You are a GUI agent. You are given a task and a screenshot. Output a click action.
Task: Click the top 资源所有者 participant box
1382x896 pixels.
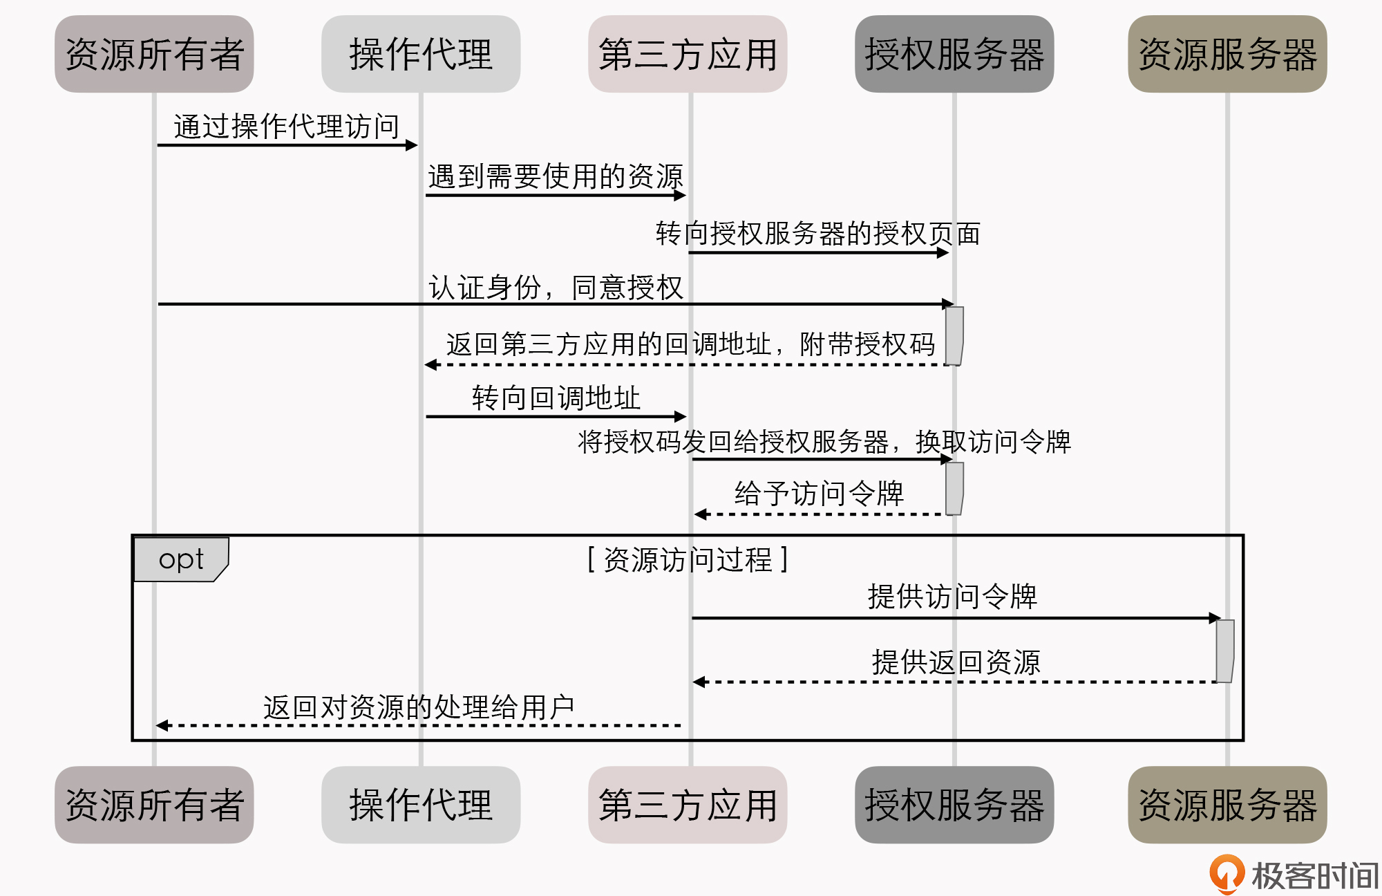pyautogui.click(x=154, y=54)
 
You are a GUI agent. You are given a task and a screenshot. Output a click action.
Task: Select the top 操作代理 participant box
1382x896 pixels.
pyautogui.click(x=421, y=54)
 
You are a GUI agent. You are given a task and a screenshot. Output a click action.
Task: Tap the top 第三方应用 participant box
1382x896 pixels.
pyautogui.click(x=688, y=54)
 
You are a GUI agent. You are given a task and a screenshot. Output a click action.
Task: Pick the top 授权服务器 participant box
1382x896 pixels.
pyautogui.click(x=954, y=54)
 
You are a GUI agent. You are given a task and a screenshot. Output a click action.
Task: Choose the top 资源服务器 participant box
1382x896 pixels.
pyautogui.click(x=1227, y=54)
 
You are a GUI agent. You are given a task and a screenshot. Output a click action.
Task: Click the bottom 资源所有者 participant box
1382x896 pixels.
pyautogui.click(x=154, y=804)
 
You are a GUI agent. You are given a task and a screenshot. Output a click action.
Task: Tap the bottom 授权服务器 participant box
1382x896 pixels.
pyautogui.click(x=954, y=804)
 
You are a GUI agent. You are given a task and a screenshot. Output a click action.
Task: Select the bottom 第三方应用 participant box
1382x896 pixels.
pyautogui.click(x=688, y=804)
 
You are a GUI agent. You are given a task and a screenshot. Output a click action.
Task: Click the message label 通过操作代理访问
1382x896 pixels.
pyautogui.click(x=287, y=127)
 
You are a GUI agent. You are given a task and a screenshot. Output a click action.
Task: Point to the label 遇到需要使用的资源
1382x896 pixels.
pyautogui.click(x=556, y=176)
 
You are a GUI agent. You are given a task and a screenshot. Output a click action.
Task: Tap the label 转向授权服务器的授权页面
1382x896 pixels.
pyautogui.click(x=817, y=234)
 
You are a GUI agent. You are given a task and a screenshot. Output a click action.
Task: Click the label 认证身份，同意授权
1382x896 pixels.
pyautogui.click(x=556, y=288)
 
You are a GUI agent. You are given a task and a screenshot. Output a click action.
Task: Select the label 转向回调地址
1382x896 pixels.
pyautogui.click(x=556, y=398)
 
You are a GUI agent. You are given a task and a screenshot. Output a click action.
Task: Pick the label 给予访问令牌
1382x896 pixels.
pyautogui.click(x=819, y=494)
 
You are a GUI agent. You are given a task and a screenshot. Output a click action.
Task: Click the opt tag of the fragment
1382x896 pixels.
pyautogui.click(x=181, y=559)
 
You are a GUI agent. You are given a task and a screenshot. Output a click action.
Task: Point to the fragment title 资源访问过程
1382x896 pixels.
pyautogui.click(x=688, y=559)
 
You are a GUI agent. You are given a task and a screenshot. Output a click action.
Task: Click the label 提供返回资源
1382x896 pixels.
pyautogui.click(x=956, y=662)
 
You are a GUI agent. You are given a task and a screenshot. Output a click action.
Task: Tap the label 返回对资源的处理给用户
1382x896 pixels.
pyautogui.click(x=419, y=707)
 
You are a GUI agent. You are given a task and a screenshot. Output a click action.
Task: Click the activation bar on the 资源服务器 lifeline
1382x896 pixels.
pyautogui.click(x=1225, y=651)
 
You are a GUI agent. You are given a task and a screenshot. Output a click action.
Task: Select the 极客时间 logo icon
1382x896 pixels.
pyautogui.click(x=1227, y=874)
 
